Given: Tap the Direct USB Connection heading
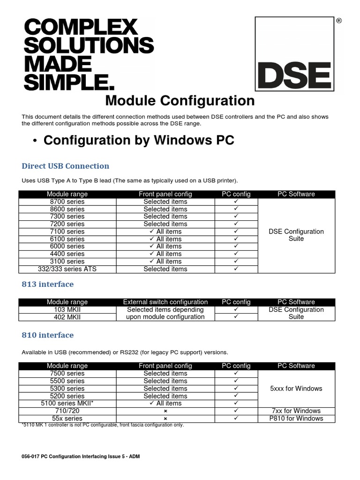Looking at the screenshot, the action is [x=66, y=166].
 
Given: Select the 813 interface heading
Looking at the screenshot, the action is [x=48, y=284].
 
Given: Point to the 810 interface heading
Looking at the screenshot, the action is [x=48, y=335].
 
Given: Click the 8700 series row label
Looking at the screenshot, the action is [x=67, y=202].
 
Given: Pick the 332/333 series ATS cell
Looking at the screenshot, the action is [x=67, y=269].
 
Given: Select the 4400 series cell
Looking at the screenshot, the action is [x=67, y=254].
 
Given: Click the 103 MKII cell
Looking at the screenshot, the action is [x=67, y=309].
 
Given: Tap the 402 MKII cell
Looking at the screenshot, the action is [x=67, y=317].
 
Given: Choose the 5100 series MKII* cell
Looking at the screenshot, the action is [x=67, y=403].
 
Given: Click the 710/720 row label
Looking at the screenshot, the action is [x=67, y=411].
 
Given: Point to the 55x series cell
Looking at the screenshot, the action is [x=67, y=418].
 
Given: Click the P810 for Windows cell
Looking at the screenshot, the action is [x=296, y=418].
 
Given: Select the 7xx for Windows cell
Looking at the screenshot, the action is [x=296, y=411].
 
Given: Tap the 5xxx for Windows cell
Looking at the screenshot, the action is [x=296, y=388].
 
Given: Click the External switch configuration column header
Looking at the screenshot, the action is [x=165, y=302].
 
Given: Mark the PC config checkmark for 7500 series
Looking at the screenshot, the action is [x=236, y=373].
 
